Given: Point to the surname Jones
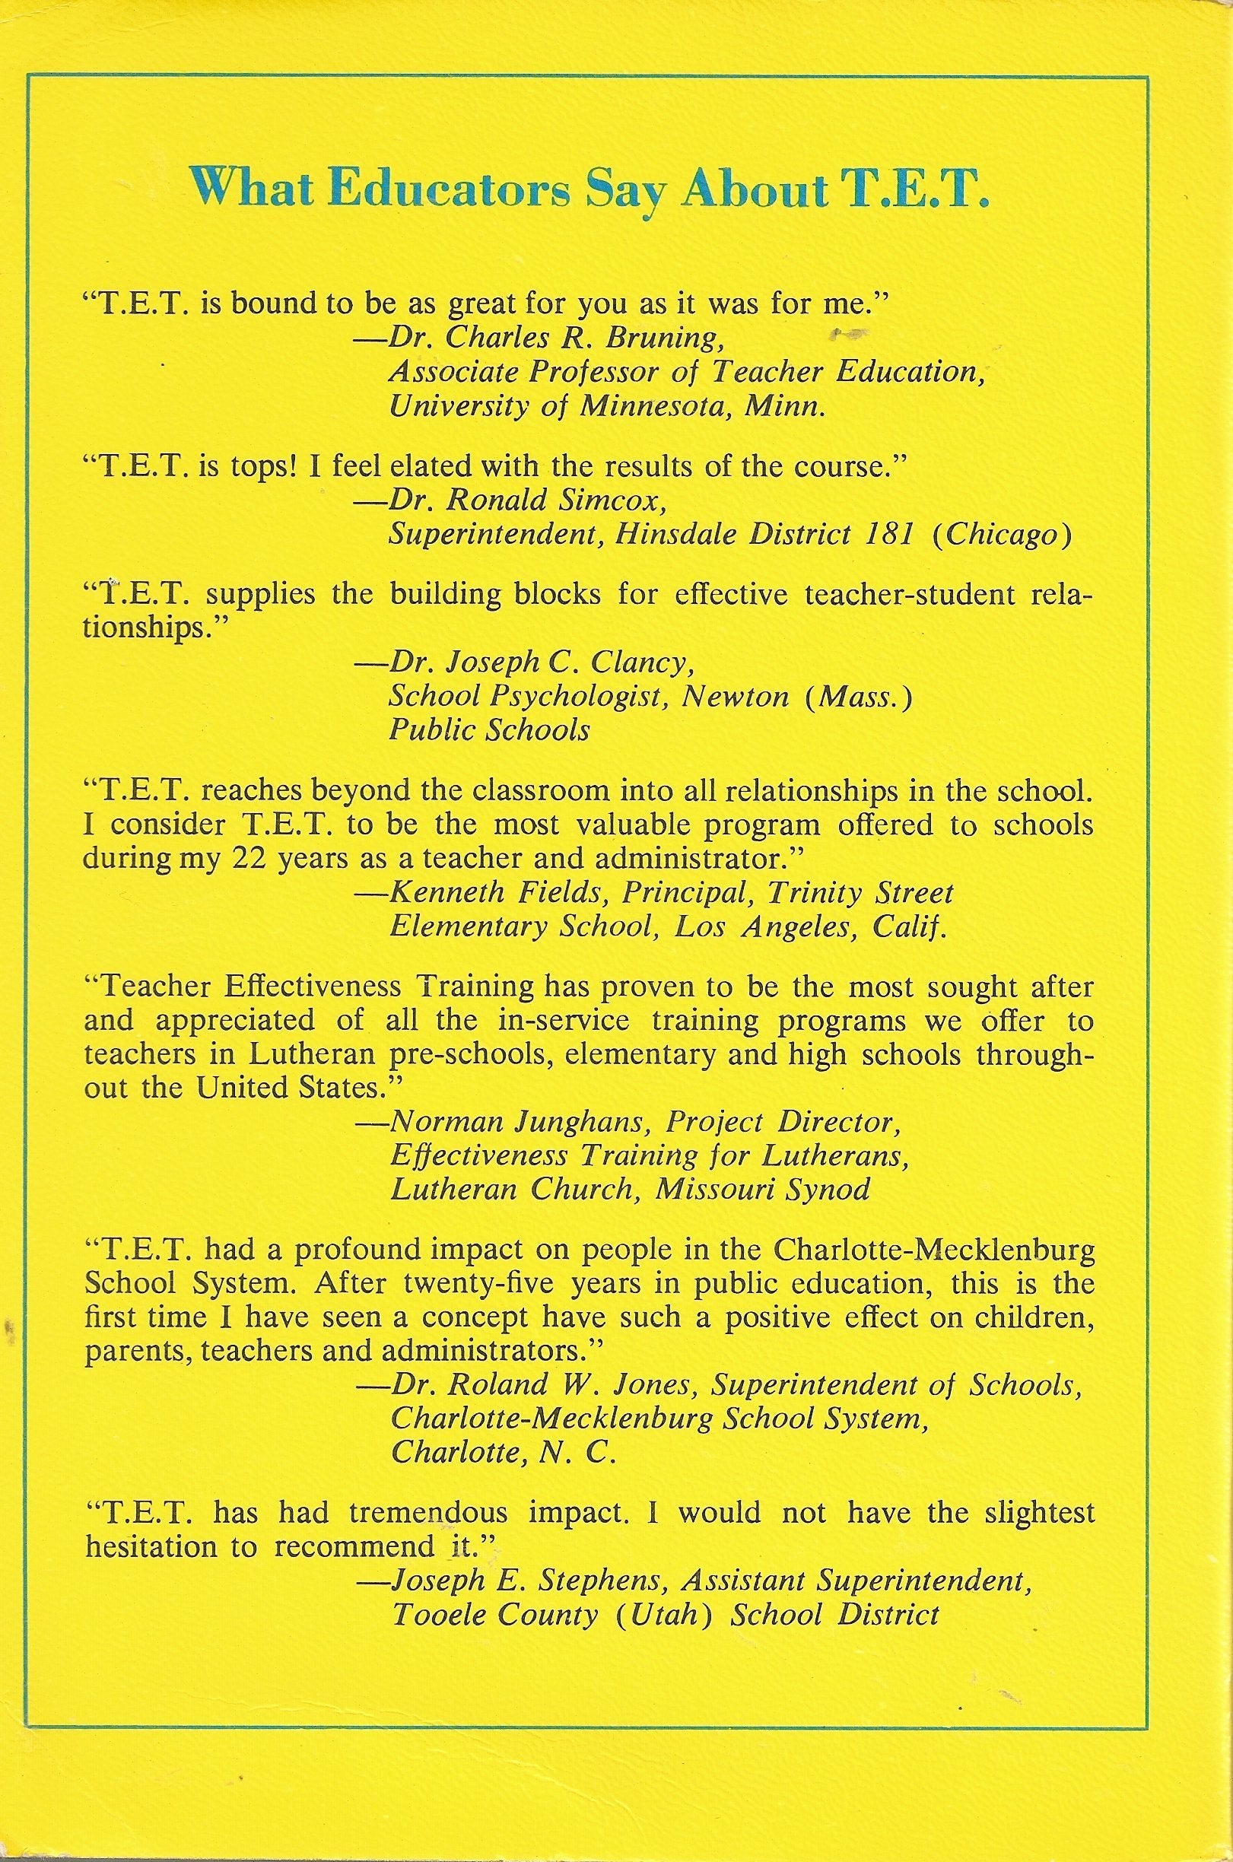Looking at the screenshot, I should (653, 1386).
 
